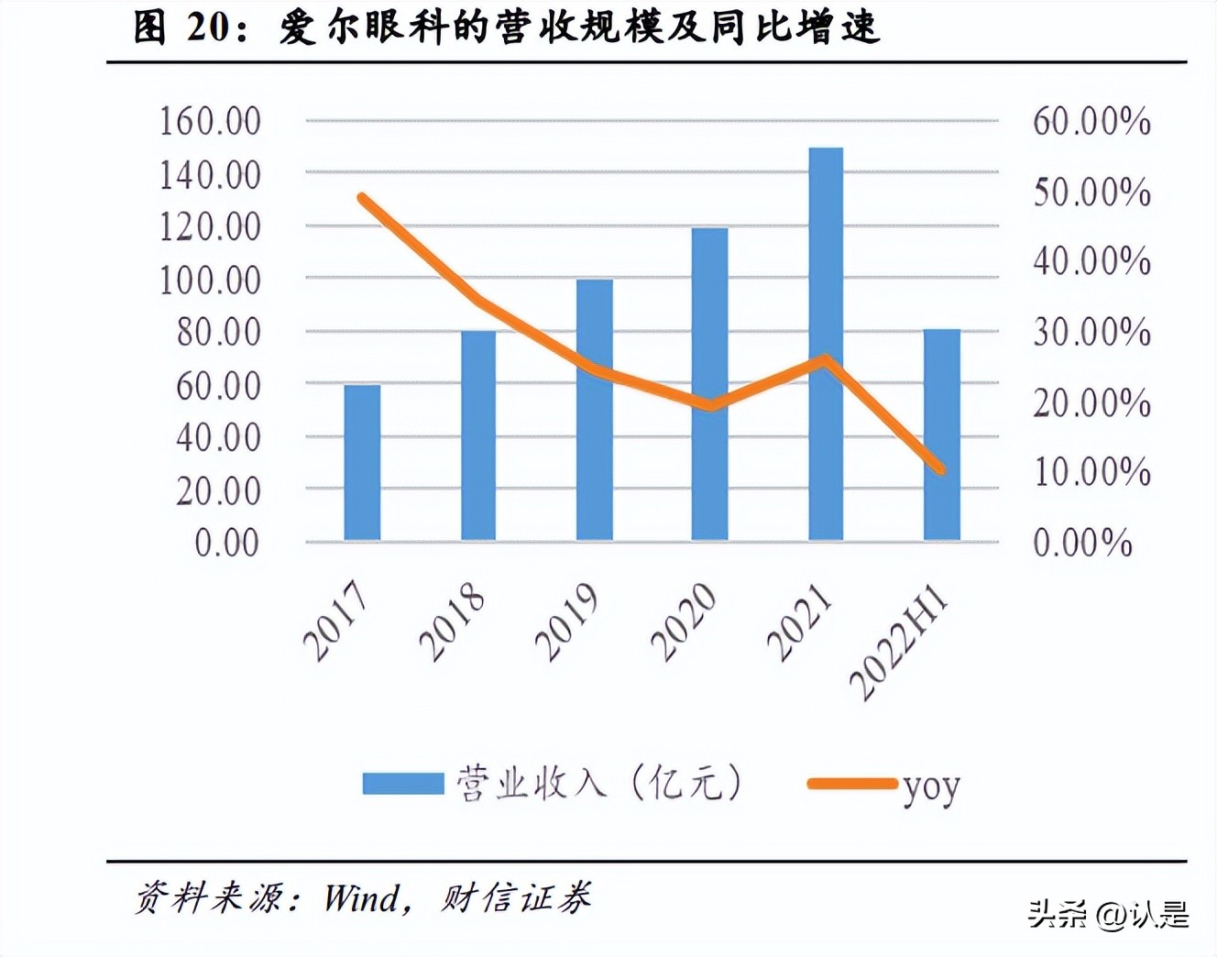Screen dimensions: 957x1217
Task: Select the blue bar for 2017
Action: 362,463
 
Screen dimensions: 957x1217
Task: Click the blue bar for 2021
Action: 826,344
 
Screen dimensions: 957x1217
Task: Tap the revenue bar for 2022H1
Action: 941,434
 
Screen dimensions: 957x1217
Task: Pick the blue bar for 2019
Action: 594,410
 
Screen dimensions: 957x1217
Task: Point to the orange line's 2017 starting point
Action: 363,198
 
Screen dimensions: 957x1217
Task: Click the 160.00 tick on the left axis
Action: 210,121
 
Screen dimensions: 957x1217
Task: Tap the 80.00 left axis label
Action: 218,332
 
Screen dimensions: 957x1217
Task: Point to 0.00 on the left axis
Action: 226,543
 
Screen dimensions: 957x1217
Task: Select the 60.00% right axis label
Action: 1091,121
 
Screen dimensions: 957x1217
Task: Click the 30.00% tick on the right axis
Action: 1091,332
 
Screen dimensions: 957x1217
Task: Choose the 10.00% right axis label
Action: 1091,472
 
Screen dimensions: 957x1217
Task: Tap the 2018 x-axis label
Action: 452,622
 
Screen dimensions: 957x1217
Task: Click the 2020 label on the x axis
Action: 684,622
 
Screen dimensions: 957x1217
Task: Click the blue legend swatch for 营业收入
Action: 403,784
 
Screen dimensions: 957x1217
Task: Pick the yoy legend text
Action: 931,786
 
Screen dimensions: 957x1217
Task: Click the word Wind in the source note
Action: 362,897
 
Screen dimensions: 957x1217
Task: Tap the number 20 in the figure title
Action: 208,27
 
